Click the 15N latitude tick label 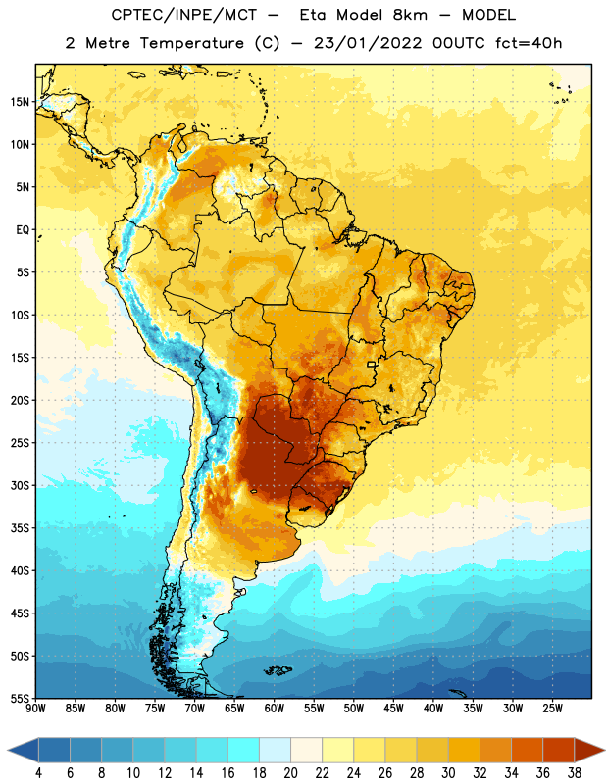(20, 102)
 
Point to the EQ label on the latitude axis (23, 230)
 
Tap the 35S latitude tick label (20, 528)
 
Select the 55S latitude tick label (20, 699)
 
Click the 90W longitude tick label (35, 709)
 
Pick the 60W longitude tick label (275, 709)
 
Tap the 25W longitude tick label (552, 709)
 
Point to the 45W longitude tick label (393, 709)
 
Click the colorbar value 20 (290, 772)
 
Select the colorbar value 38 (574, 772)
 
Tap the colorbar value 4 (38, 772)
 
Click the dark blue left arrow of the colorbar (24, 750)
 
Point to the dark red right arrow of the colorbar (589, 750)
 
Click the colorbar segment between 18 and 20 (275, 750)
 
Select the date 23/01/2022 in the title (368, 43)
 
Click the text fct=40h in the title (529, 43)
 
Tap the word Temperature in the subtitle (191, 43)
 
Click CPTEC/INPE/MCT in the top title (183, 15)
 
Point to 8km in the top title (410, 15)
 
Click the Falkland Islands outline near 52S (278, 670)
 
